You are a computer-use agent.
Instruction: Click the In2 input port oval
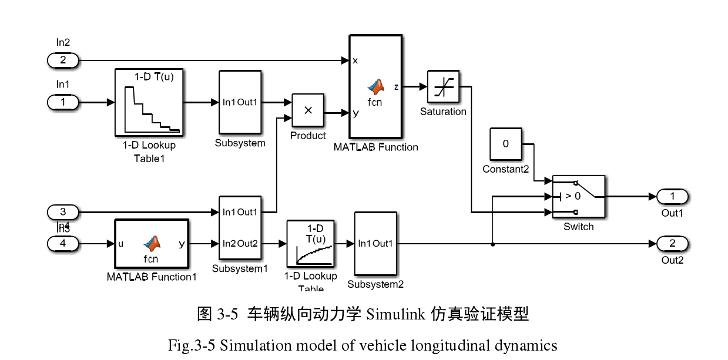click(62, 60)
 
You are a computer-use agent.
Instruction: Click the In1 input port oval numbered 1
click(62, 102)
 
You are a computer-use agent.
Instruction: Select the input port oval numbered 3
click(62, 211)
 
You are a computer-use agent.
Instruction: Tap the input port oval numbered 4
click(62, 243)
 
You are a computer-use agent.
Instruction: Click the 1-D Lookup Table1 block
click(149, 102)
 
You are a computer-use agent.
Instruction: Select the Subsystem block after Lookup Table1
click(240, 103)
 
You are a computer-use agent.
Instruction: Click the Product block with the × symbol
click(308, 110)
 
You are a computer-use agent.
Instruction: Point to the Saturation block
click(443, 87)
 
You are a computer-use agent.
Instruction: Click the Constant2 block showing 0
click(505, 144)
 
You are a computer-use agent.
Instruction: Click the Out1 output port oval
click(672, 197)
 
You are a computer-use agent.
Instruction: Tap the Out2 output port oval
click(672, 244)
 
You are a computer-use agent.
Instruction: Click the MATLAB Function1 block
click(151, 244)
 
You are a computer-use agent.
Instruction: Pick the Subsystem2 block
click(375, 244)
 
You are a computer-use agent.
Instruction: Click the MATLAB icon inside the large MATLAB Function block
click(375, 87)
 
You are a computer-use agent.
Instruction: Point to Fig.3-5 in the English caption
click(192, 345)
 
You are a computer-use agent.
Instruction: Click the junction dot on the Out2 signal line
click(492, 244)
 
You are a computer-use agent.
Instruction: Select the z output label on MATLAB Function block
click(396, 87)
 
